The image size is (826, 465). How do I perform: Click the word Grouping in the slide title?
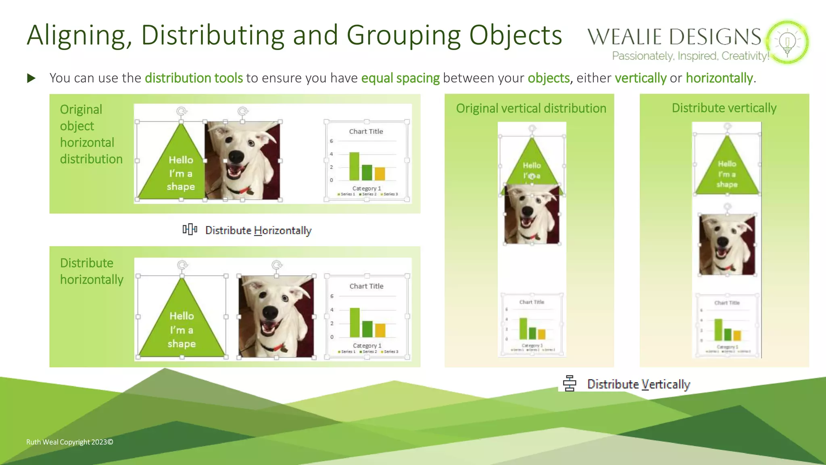click(x=404, y=36)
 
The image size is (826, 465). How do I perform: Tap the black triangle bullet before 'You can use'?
click(x=31, y=78)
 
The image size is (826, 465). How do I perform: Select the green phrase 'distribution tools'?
click(x=194, y=78)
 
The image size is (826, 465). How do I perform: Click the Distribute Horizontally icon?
click(x=190, y=230)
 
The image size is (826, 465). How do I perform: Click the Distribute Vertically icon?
click(x=569, y=383)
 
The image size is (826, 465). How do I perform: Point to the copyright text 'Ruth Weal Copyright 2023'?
click(x=69, y=442)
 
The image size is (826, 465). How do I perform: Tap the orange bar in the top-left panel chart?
click(x=380, y=174)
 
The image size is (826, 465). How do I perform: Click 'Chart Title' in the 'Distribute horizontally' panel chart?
click(x=366, y=286)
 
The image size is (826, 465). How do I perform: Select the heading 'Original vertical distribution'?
click(x=531, y=109)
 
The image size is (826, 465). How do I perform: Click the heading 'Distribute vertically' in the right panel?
click(x=724, y=108)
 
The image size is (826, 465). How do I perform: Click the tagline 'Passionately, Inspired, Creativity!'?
click(x=690, y=56)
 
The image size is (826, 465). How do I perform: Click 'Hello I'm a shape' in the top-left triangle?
click(x=181, y=173)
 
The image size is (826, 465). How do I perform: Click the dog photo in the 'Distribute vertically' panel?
click(x=727, y=245)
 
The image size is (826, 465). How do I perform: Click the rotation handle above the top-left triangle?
click(x=181, y=111)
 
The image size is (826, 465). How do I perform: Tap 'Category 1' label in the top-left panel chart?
click(x=366, y=189)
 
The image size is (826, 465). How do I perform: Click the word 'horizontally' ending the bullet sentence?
click(x=719, y=78)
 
